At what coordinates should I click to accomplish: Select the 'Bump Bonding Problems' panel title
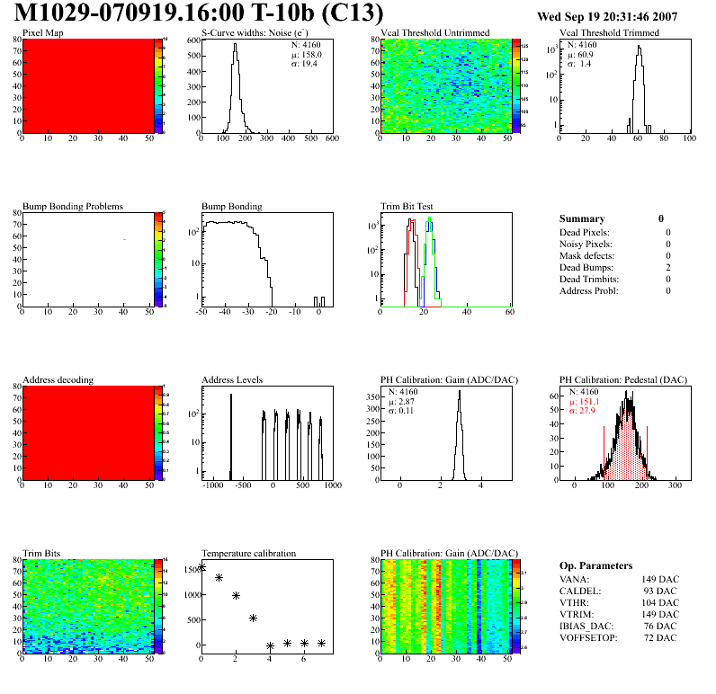coord(73,206)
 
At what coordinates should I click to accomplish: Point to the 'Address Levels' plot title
coord(232,380)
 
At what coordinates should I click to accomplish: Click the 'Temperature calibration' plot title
coord(248,553)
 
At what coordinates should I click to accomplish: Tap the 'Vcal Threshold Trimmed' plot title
coord(609,33)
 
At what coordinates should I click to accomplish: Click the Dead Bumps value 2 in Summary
coord(667,267)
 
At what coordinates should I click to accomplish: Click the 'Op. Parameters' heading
coord(595,565)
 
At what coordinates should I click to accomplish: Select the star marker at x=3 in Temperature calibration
coord(253,618)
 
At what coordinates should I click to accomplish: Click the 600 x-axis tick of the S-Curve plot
coord(331,138)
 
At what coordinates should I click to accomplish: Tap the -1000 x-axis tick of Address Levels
coord(212,485)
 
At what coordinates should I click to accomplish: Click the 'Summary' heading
coord(582,218)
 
